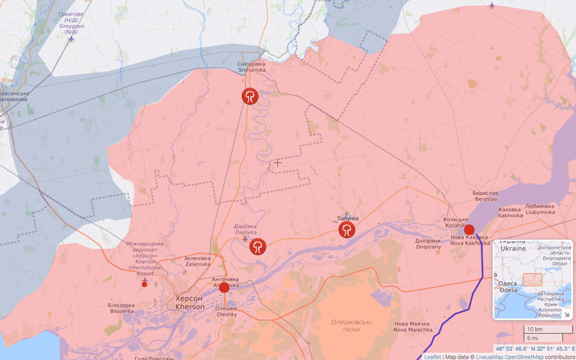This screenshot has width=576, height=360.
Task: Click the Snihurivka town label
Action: point(252,67)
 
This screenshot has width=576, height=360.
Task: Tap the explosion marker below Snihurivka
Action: point(249,96)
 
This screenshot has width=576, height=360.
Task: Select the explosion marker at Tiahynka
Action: point(346,230)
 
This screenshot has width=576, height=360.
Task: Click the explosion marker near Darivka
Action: point(257,247)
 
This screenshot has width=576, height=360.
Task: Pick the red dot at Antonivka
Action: point(224,287)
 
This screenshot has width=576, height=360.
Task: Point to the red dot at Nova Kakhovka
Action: point(469,230)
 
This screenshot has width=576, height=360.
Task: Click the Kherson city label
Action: point(189,303)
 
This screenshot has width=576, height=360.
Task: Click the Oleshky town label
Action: point(226,311)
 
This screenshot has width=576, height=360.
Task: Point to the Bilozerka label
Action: point(121,308)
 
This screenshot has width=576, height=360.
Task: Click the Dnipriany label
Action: point(428,244)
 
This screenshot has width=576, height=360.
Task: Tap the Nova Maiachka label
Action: point(412,327)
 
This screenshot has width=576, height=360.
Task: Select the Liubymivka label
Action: point(540,209)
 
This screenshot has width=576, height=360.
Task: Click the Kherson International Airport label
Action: point(145,259)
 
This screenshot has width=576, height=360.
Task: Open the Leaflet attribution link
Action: point(432,357)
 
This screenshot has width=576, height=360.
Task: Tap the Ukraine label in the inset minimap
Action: point(513,248)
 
